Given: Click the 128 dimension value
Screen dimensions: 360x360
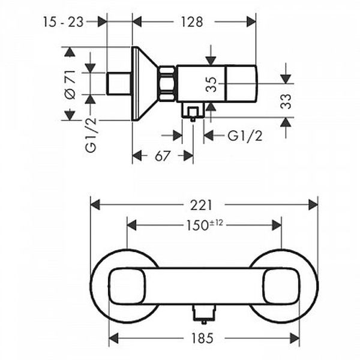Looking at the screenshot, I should [x=191, y=22].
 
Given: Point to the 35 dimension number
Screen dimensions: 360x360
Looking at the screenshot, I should [x=211, y=82].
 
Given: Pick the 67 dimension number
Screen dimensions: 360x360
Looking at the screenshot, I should [x=161, y=155].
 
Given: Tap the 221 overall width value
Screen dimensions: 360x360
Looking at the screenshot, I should [x=204, y=205].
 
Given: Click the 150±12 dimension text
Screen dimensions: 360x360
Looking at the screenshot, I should [x=205, y=225].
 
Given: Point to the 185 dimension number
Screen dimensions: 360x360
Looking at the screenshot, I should [x=204, y=338].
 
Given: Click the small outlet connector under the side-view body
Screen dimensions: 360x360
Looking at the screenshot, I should [x=193, y=113].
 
